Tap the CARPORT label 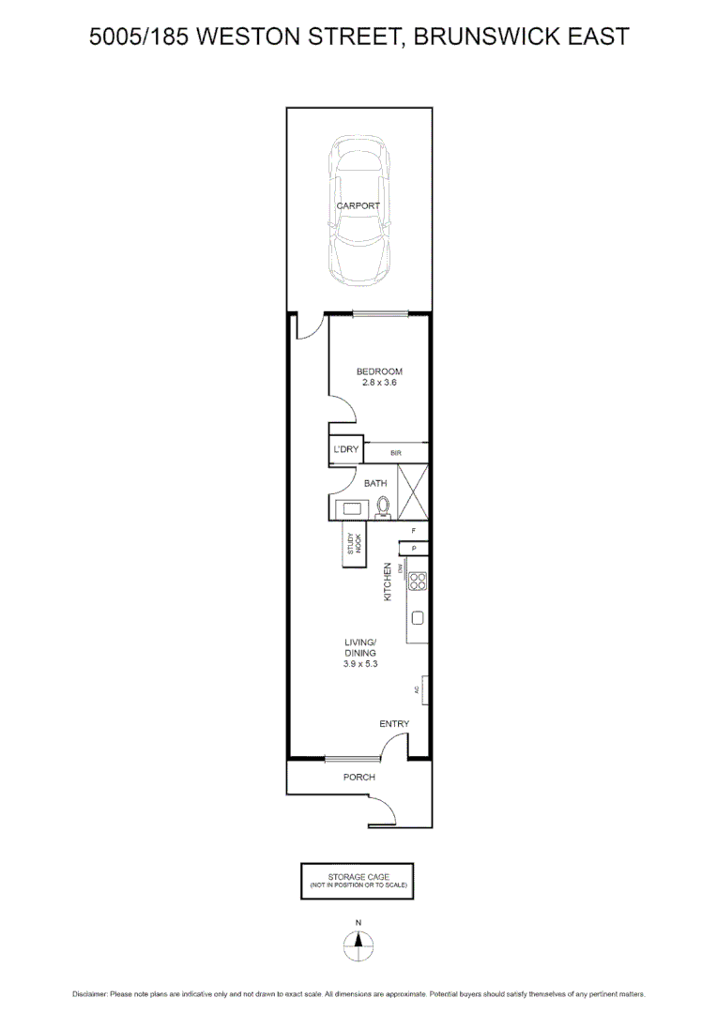tap(358, 206)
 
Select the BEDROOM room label tap(379, 371)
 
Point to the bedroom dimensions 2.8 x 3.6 tap(379, 384)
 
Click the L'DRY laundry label tap(345, 451)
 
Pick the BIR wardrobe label tap(396, 454)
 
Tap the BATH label tap(375, 483)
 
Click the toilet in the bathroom tap(383, 507)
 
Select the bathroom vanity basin tap(353, 508)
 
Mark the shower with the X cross tap(414, 491)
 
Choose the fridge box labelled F tap(414, 531)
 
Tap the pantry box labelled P tap(414, 549)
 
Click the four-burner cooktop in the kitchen tap(418, 581)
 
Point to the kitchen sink tap(418, 618)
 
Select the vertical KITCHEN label tap(387, 582)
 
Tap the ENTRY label tap(394, 723)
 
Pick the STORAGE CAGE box tap(356, 880)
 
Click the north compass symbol tap(358, 945)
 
